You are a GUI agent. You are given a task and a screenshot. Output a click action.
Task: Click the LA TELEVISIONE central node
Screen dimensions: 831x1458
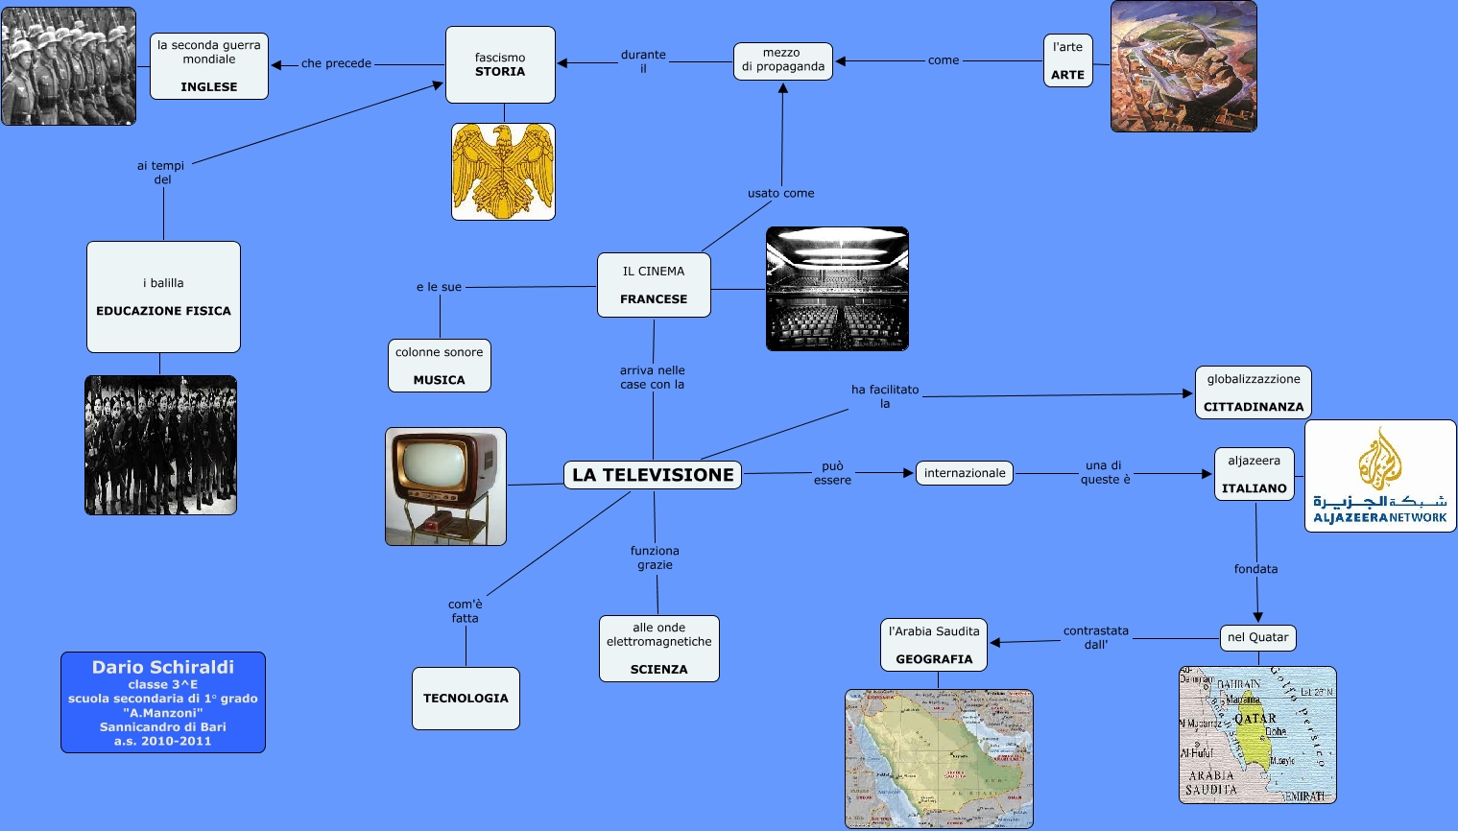tap(653, 475)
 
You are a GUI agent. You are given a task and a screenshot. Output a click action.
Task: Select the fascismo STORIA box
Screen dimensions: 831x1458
tap(500, 64)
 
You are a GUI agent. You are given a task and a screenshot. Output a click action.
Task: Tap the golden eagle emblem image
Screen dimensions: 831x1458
tap(503, 171)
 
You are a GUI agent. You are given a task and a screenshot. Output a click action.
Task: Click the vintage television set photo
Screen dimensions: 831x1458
tap(445, 487)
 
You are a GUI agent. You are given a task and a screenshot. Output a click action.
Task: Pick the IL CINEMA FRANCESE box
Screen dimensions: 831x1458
tap(654, 285)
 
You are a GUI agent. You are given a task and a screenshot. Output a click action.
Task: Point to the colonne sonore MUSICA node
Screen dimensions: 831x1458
tap(440, 366)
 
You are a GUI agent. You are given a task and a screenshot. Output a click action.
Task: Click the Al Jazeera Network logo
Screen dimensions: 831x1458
tap(1379, 476)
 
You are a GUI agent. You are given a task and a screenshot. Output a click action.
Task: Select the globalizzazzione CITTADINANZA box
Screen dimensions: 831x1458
tap(1253, 392)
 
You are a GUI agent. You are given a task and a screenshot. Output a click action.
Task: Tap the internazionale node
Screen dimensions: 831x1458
tap(965, 473)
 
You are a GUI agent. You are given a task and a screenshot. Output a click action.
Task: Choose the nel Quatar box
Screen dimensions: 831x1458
tap(1257, 637)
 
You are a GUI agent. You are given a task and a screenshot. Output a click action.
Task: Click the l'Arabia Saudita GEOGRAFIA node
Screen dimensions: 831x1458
tap(934, 645)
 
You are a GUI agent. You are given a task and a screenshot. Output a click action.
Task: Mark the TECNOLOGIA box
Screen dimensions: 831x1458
tap(466, 699)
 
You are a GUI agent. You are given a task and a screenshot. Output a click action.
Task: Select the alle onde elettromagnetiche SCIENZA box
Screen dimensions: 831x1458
tap(659, 649)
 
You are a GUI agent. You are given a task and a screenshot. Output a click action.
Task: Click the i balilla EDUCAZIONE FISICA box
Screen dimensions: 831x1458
tap(163, 297)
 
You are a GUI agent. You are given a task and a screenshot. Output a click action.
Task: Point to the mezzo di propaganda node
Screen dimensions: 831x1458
tap(782, 60)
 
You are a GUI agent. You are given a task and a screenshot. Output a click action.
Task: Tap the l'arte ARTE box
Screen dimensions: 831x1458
tap(1067, 60)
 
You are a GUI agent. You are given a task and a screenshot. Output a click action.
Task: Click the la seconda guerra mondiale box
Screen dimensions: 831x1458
tap(209, 66)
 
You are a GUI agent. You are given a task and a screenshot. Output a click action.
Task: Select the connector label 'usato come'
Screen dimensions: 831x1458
tap(780, 193)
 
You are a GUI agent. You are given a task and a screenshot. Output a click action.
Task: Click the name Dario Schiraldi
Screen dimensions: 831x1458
tap(163, 667)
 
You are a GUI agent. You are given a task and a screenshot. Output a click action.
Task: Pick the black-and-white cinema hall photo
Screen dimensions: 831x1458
tap(837, 289)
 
